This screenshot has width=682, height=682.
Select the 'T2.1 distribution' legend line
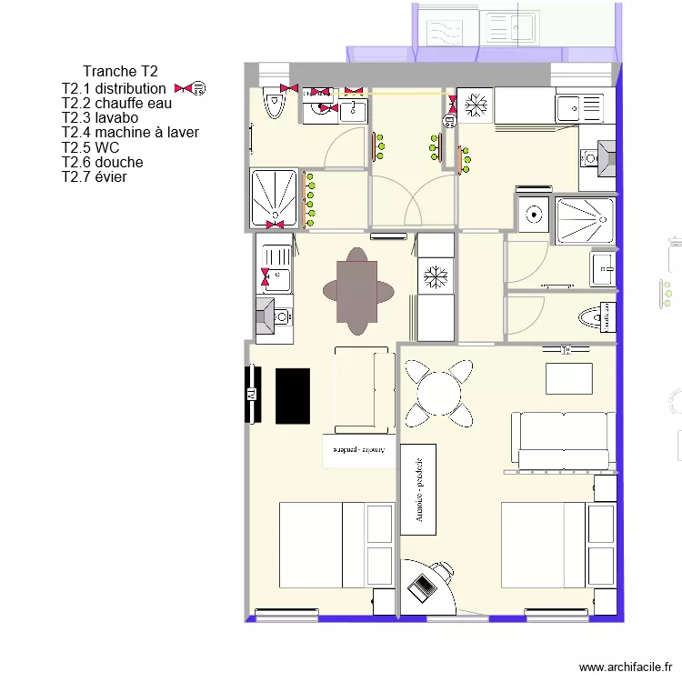pyautogui.click(x=114, y=88)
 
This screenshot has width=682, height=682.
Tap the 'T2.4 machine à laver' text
pyautogui.click(x=130, y=133)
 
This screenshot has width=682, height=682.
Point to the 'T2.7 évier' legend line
pyautogui.click(x=94, y=176)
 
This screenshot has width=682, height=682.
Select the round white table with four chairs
pyautogui.click(x=438, y=394)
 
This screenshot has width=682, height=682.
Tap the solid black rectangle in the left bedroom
pyautogui.click(x=292, y=396)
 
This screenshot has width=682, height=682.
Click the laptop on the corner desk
pyautogui.click(x=423, y=587)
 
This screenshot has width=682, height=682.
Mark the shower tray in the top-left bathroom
pyautogui.click(x=274, y=196)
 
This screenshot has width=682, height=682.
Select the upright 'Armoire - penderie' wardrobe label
pyautogui.click(x=418, y=489)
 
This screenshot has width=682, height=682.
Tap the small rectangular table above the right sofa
pyautogui.click(x=569, y=378)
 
